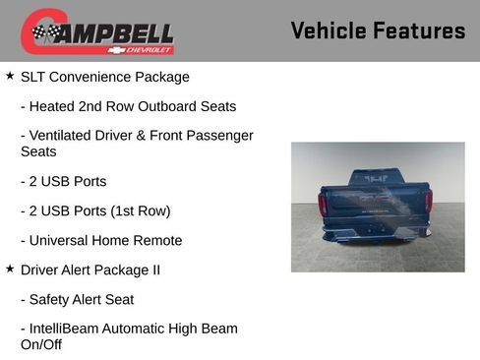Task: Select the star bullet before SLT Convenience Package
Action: tap(10, 76)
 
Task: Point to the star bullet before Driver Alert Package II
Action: tap(10, 269)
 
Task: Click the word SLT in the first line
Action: tap(34, 77)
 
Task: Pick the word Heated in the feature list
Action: tap(54, 106)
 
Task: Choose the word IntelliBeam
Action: tap(70, 329)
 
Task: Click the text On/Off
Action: tap(41, 345)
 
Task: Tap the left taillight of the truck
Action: tap(323, 203)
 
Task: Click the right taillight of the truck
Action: tap(428, 203)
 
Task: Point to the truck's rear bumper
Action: tap(376, 234)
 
